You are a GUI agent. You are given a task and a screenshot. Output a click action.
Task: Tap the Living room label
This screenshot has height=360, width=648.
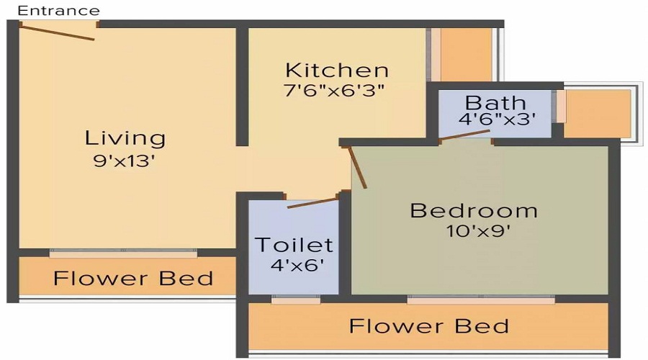[x=125, y=138]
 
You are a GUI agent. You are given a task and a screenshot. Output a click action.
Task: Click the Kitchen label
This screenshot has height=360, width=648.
[x=337, y=71]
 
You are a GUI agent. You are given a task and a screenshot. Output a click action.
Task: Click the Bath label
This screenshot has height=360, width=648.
[x=495, y=102]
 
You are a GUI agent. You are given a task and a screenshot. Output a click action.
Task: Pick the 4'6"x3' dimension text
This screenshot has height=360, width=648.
[x=498, y=120]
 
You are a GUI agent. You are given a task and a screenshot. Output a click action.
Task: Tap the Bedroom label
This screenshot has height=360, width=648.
[x=474, y=211]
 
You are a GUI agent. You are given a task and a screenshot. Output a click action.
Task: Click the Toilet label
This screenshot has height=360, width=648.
[x=294, y=245]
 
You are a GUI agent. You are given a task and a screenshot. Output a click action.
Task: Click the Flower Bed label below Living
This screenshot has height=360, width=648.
[x=133, y=278]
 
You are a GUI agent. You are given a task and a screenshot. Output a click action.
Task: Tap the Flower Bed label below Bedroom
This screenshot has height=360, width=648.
[x=429, y=325]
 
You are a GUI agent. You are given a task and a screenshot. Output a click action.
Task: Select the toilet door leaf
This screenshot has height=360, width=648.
[x=312, y=202]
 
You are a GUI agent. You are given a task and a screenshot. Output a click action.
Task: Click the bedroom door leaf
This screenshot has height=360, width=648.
[x=357, y=168]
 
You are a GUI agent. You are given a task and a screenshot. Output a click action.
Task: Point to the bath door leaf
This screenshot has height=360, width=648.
[x=465, y=139]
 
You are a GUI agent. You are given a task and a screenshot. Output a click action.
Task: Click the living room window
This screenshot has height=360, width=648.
[x=122, y=253]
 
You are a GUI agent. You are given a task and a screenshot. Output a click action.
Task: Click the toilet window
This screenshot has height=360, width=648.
[x=295, y=299]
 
